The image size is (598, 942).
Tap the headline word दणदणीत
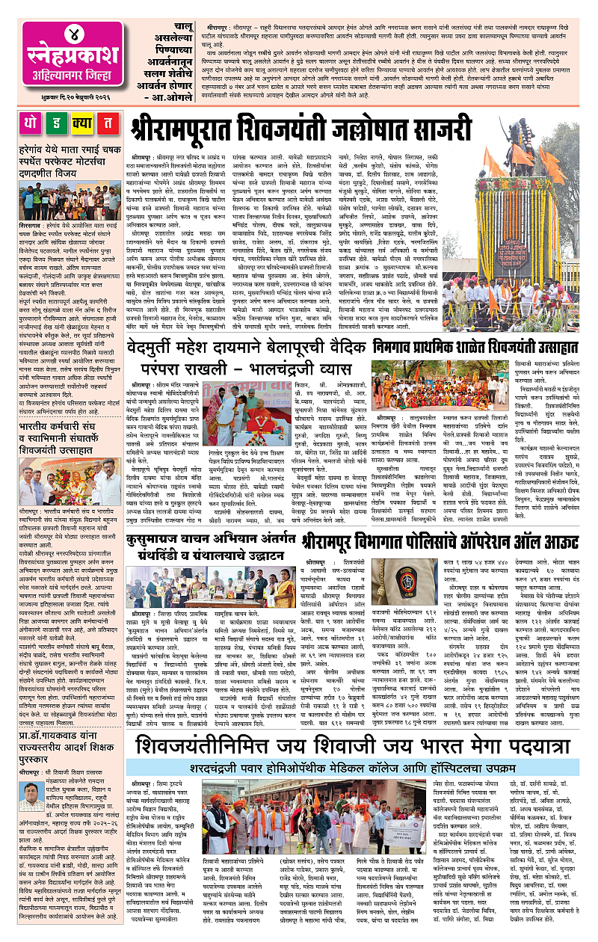point(45,169)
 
